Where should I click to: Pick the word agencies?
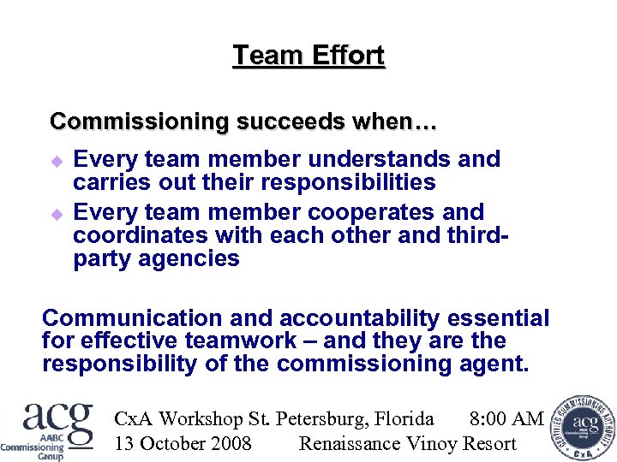coord(187,258)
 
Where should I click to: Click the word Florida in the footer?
coord(403,418)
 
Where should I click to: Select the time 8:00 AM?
coord(506,418)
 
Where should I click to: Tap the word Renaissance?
coord(350,443)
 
